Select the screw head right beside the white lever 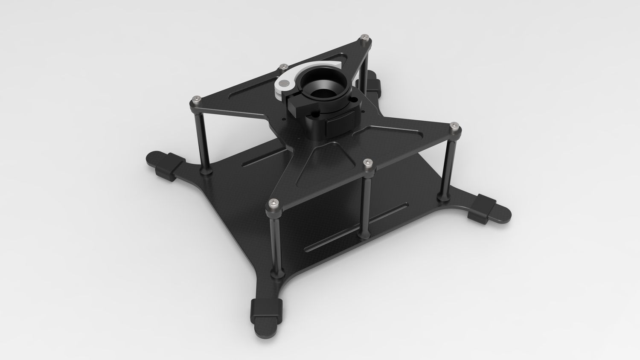pyautogui.click(x=283, y=67)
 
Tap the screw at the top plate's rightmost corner pyautogui.click(x=454, y=127)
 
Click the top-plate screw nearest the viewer pyautogui.click(x=272, y=203)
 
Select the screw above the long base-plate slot pyautogui.click(x=368, y=163)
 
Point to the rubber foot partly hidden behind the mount pyautogui.click(x=374, y=83)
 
